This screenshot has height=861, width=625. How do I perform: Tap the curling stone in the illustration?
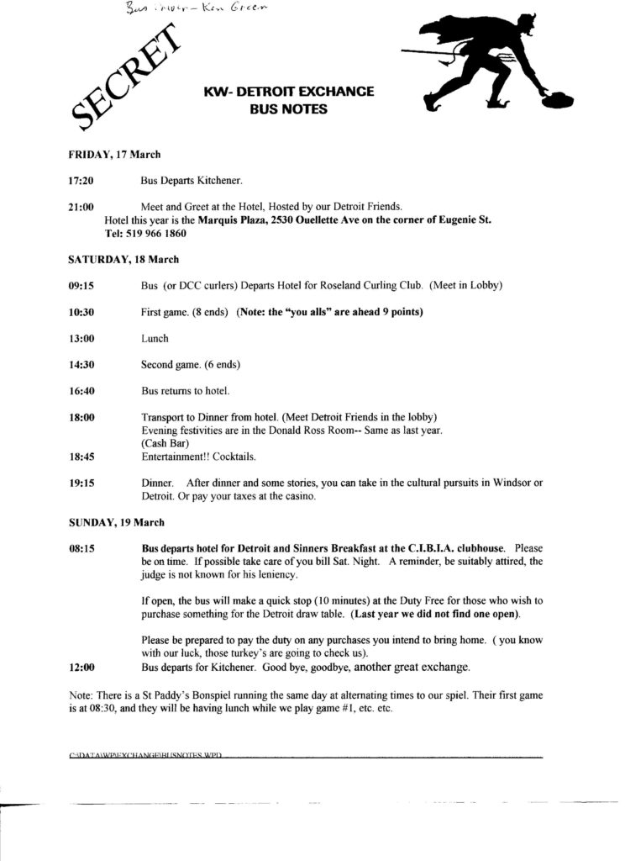pyautogui.click(x=556, y=97)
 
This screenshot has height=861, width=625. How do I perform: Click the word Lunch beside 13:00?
pyautogui.click(x=155, y=338)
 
